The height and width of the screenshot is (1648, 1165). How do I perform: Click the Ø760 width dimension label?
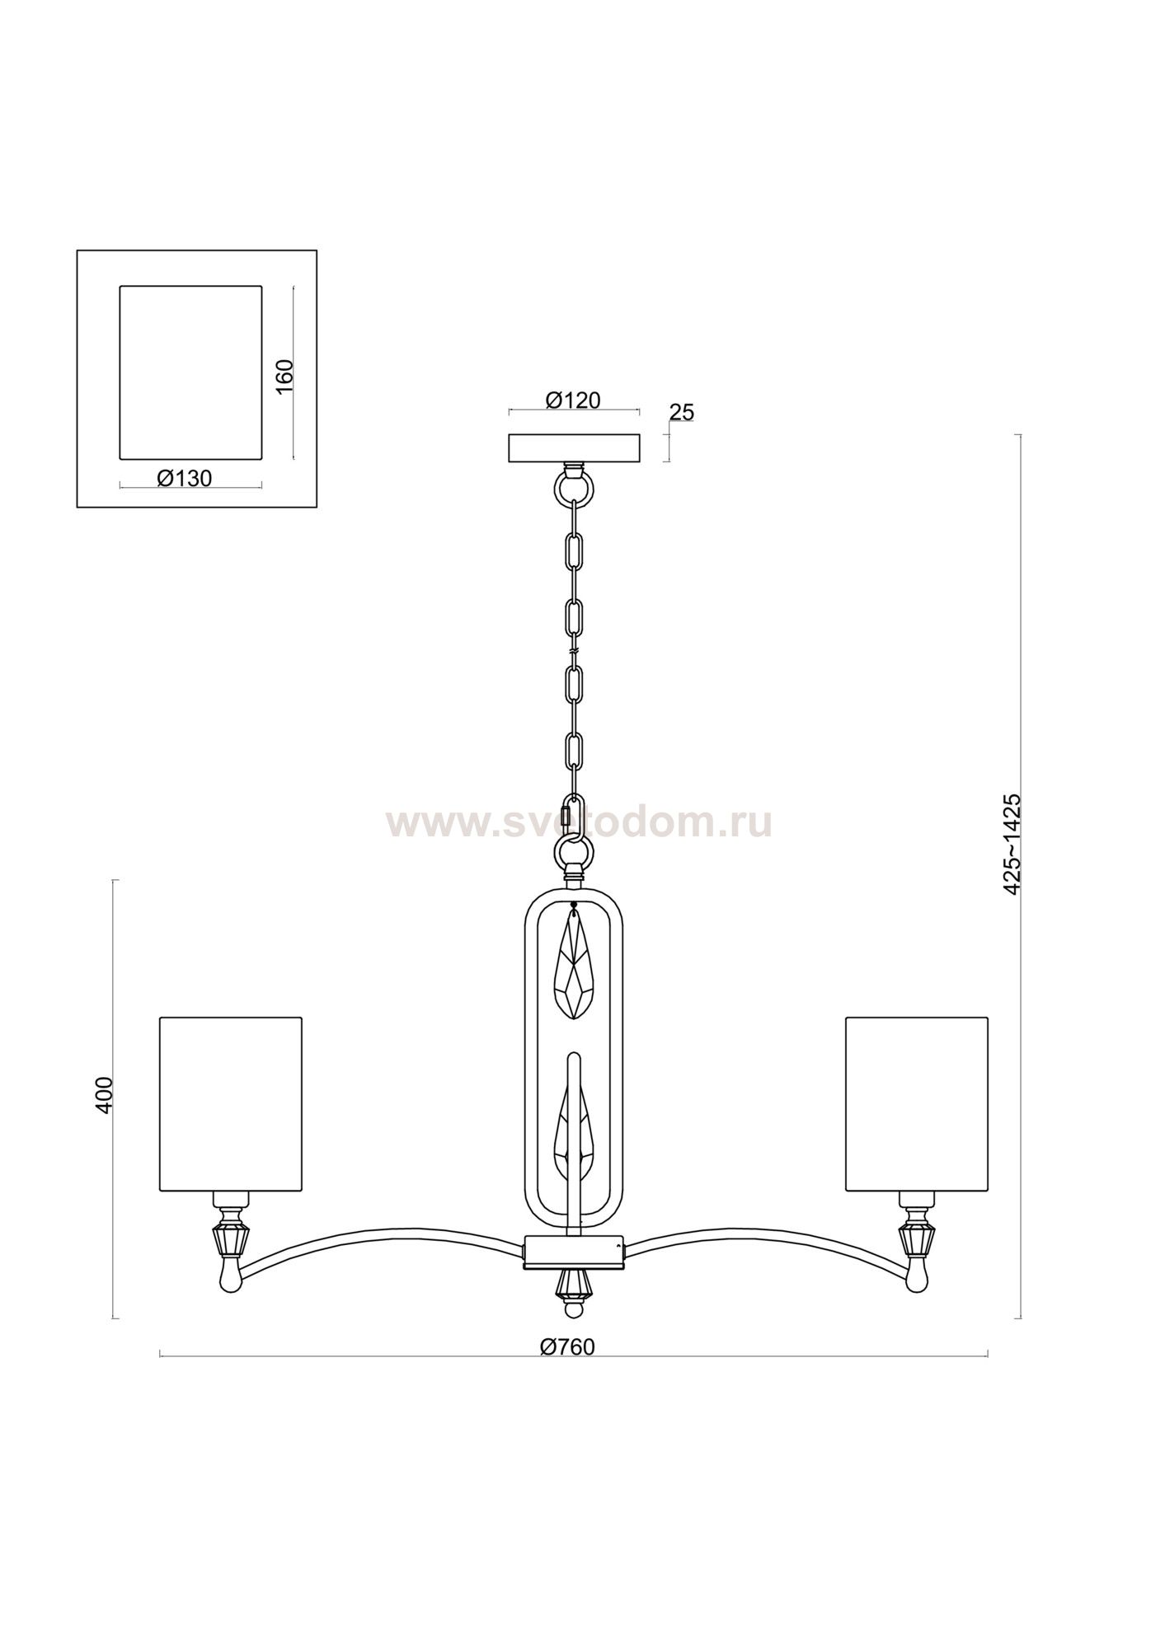pos(567,1346)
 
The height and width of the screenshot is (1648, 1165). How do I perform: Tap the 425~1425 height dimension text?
pos(1012,843)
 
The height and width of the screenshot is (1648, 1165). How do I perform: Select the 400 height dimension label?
pos(104,1095)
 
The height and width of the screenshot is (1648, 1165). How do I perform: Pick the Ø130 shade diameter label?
pos(184,478)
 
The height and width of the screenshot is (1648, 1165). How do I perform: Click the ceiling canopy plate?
pos(574,448)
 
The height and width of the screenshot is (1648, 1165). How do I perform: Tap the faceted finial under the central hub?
pos(574,1287)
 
